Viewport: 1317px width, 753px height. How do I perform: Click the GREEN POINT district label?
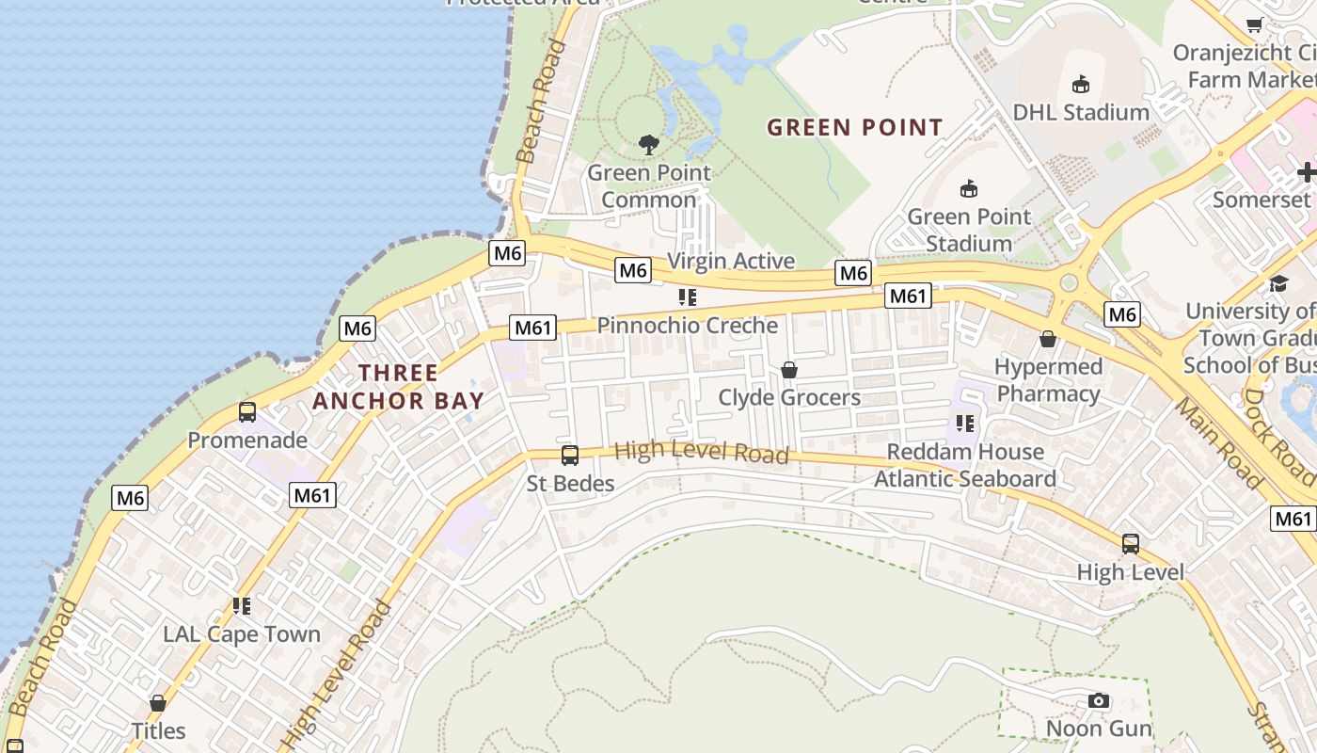(854, 127)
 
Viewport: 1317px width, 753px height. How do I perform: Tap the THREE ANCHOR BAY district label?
(398, 387)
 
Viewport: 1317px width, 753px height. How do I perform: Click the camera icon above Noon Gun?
(1098, 701)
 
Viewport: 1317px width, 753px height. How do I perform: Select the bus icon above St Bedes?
(569, 456)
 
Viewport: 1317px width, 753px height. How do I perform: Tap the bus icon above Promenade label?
(247, 412)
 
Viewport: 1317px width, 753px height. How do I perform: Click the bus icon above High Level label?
(1130, 544)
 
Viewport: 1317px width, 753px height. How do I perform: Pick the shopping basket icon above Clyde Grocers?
(789, 370)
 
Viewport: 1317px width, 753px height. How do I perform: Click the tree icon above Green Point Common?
(648, 145)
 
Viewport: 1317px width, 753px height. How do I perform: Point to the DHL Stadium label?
(1081, 113)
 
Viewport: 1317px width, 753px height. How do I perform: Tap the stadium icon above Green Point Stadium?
(968, 189)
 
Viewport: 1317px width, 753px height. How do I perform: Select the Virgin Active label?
(731, 261)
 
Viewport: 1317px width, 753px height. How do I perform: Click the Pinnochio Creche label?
(687, 326)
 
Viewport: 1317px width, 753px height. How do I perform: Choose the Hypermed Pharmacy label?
(1048, 380)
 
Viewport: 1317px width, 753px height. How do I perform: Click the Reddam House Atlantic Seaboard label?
(965, 465)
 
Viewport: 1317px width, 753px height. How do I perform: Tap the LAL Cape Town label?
(242, 634)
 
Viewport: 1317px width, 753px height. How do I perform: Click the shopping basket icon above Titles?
(158, 703)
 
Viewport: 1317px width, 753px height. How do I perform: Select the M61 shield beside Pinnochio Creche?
(532, 328)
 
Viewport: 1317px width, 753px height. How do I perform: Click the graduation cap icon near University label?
(1278, 284)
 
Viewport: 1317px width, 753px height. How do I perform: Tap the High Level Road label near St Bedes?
(701, 453)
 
